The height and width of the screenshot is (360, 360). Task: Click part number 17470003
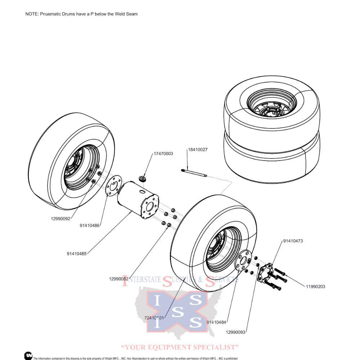[x=163, y=154]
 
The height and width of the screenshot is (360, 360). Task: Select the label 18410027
[x=197, y=149]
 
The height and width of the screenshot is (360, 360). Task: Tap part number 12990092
[x=60, y=219]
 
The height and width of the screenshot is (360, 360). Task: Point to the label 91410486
[x=90, y=226]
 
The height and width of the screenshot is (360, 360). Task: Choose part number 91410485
[x=76, y=253]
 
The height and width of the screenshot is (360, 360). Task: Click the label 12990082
[x=119, y=278]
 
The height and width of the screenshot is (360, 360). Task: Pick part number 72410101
[x=154, y=318]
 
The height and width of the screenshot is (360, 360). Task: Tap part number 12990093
[x=236, y=332]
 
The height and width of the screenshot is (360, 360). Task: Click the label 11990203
[x=315, y=287]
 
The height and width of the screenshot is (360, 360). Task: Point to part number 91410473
[x=293, y=241]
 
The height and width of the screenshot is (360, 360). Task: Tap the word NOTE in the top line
[x=31, y=14]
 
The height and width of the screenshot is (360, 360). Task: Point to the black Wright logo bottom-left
[x=28, y=356]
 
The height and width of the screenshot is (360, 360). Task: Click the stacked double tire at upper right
[x=272, y=126]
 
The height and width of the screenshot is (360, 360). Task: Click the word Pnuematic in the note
[x=51, y=14]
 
